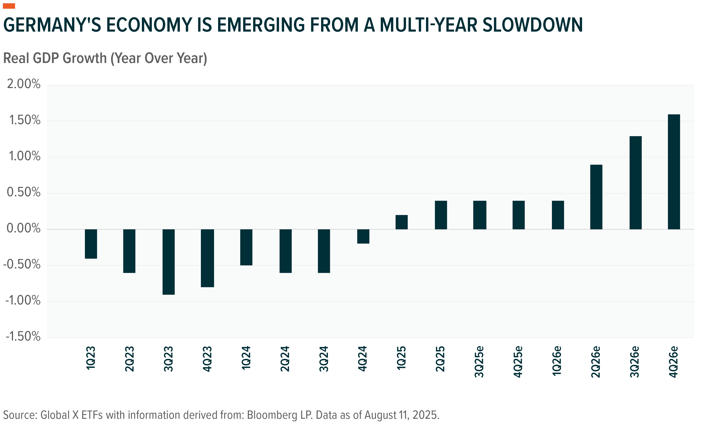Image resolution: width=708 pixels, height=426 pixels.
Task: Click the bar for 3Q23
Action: coord(168,262)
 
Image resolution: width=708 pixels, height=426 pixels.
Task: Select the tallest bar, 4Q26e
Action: coord(674,172)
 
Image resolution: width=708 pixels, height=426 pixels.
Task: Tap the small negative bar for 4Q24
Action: coord(363,236)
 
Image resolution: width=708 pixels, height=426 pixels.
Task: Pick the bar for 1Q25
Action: coord(401,222)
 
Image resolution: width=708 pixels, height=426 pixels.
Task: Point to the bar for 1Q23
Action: coord(91,244)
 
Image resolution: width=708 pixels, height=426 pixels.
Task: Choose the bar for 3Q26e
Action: coord(635,183)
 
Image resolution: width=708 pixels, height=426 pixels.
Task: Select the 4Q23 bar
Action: coord(207,258)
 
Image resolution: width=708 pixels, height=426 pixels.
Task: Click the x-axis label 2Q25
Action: coord(440,359)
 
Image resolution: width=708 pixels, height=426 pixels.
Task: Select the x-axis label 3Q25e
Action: coord(479,362)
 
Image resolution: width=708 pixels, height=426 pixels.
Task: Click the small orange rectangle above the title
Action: coord(9,6)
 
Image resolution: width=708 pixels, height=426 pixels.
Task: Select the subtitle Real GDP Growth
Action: coord(55,58)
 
